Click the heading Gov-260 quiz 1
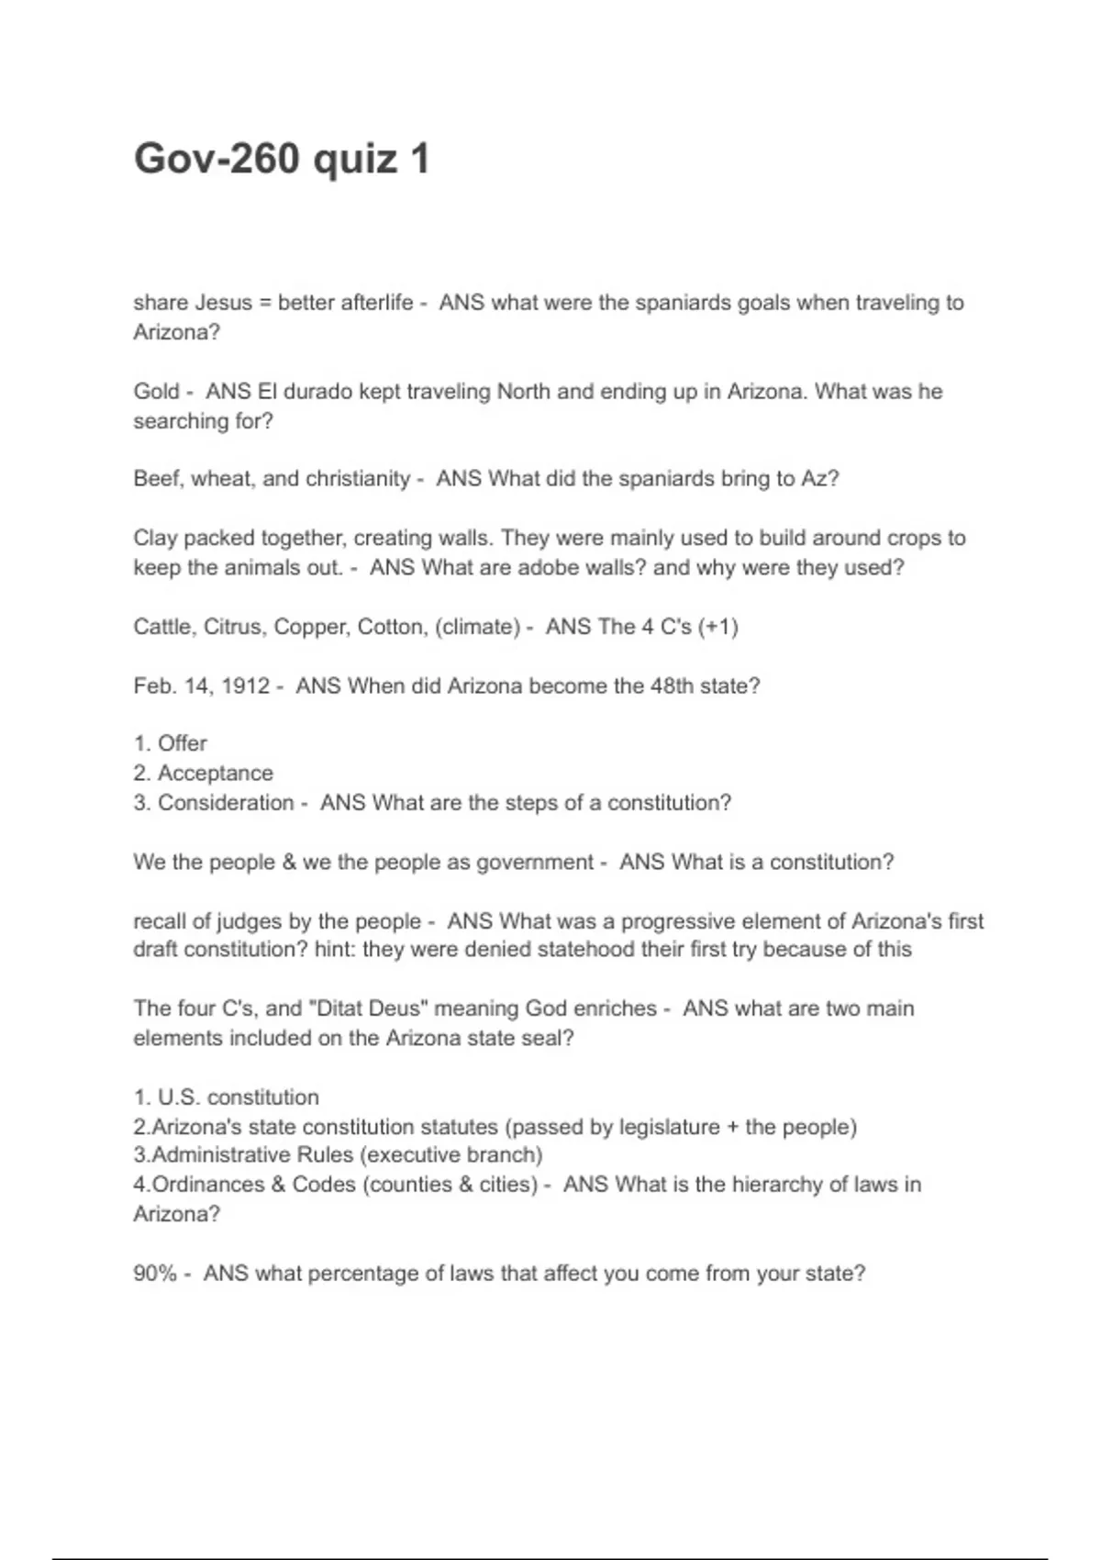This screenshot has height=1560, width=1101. tap(282, 159)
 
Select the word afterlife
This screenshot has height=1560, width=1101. tap(376, 303)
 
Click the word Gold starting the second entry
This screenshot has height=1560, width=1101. tap(156, 392)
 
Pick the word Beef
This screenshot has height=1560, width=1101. tap(157, 479)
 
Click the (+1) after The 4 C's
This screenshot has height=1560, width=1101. tap(717, 627)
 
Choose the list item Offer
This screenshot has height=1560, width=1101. tap(182, 743)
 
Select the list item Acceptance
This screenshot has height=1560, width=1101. tap(215, 774)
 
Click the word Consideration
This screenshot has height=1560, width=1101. tap(226, 803)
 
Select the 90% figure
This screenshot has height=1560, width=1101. tap(154, 1274)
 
